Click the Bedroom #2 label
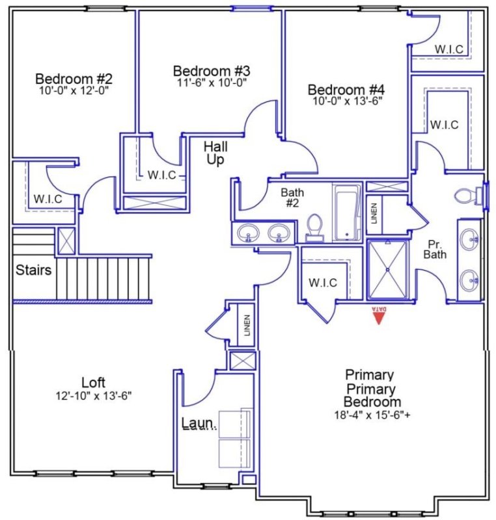[74, 79]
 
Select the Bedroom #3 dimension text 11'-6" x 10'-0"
[211, 82]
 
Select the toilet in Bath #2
[314, 227]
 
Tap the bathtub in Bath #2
[346, 213]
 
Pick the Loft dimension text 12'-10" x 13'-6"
[94, 395]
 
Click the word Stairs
[33, 270]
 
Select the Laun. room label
[199, 424]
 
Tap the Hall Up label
[215, 152]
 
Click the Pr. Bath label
[435, 250]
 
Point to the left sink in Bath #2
[247, 232]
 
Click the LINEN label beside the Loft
[247, 322]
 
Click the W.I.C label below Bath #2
[322, 282]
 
